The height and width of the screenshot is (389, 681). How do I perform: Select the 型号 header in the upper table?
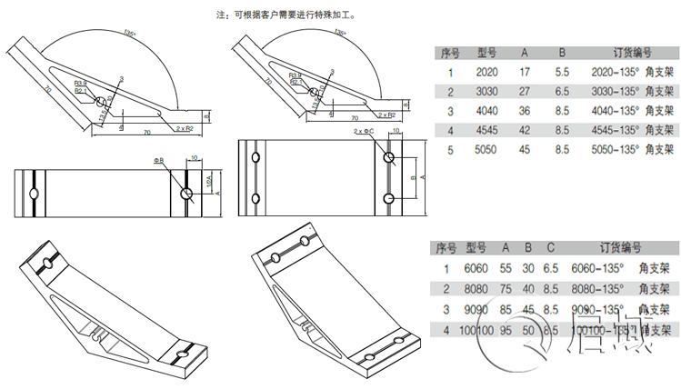[x=486, y=53]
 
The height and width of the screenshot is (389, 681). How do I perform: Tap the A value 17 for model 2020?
[x=525, y=72]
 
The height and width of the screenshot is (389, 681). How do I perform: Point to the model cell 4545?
[x=486, y=130]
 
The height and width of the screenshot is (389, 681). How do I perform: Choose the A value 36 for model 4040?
[x=525, y=111]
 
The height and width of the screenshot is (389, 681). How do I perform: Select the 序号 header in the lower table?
[x=446, y=247]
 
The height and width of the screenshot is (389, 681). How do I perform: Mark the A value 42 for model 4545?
[x=525, y=130]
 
